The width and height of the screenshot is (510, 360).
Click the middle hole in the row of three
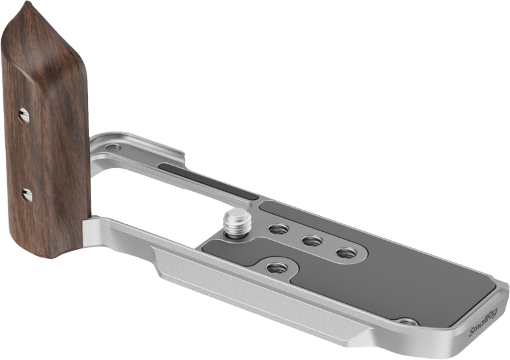[310, 241]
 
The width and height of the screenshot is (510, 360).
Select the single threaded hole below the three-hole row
[275, 267]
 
